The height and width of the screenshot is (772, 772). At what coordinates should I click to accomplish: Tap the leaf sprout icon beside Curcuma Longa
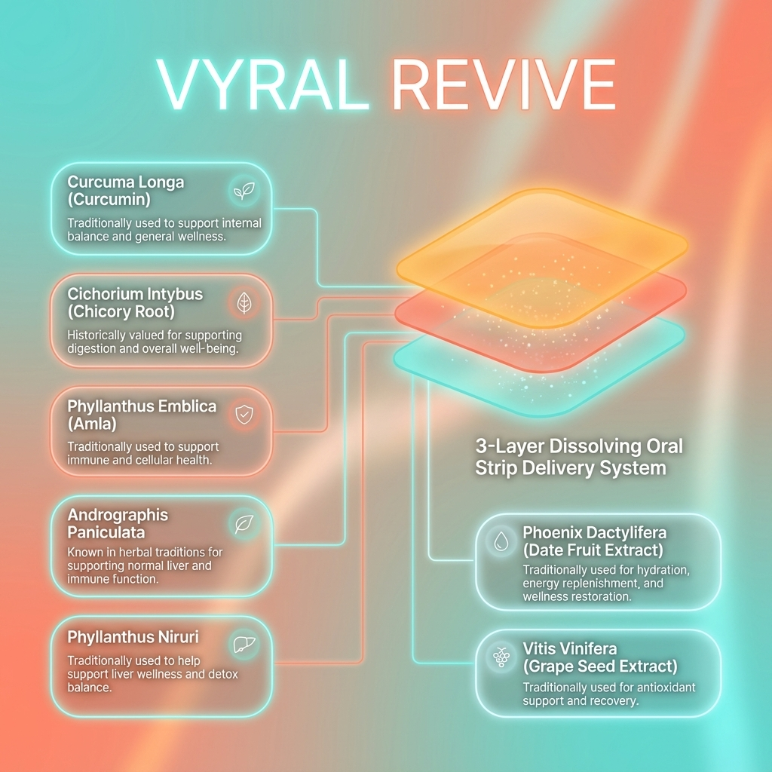[x=243, y=192]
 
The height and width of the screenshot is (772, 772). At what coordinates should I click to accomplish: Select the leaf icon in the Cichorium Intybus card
[x=244, y=303]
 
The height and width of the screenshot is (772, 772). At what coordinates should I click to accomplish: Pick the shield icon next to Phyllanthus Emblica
[x=244, y=414]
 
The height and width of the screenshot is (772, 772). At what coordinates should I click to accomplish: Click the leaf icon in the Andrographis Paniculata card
[x=244, y=524]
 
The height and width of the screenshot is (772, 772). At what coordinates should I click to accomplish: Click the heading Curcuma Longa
[x=125, y=182]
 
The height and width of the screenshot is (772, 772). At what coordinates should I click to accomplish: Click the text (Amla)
[x=92, y=424]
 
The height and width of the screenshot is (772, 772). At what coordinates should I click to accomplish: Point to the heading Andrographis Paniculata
[x=118, y=524]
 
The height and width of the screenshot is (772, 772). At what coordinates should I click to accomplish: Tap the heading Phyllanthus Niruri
[x=132, y=637]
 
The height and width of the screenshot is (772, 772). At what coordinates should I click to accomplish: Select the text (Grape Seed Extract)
[x=599, y=666]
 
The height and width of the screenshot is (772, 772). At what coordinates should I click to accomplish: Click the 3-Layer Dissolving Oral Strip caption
[x=578, y=456]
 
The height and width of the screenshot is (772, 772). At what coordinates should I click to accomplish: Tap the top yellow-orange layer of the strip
[x=543, y=226]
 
